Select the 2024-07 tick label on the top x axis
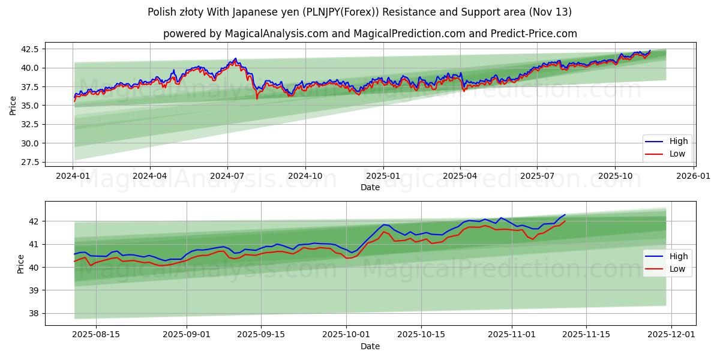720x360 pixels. pyautogui.click(x=227, y=176)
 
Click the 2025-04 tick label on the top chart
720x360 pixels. pyautogui.click(x=460, y=176)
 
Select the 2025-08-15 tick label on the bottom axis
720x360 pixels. pyautogui.click(x=96, y=335)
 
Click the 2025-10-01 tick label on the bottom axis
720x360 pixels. pyautogui.click(x=346, y=335)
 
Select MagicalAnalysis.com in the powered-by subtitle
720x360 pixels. pyautogui.click(x=277, y=34)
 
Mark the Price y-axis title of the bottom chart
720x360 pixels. pyautogui.click(x=22, y=263)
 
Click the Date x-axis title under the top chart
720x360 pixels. pyautogui.click(x=370, y=187)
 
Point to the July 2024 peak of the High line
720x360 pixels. pyautogui.click(x=235, y=58)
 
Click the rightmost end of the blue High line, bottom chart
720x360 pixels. pyautogui.click(x=565, y=215)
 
